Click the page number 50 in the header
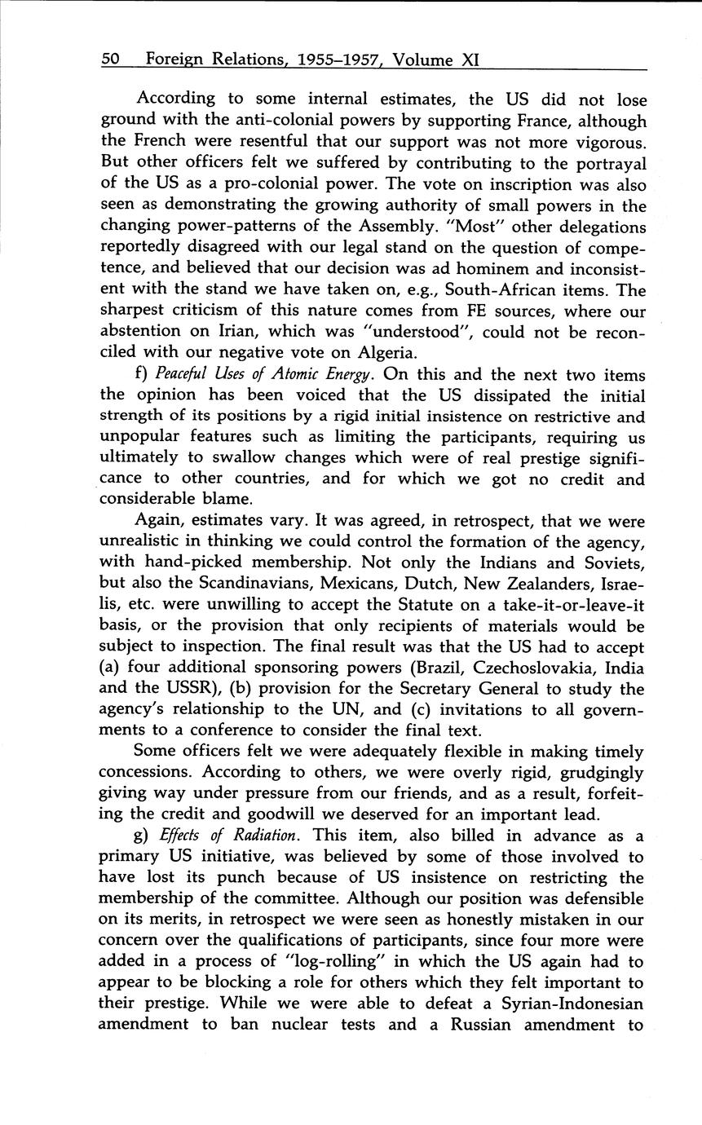[111, 60]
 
